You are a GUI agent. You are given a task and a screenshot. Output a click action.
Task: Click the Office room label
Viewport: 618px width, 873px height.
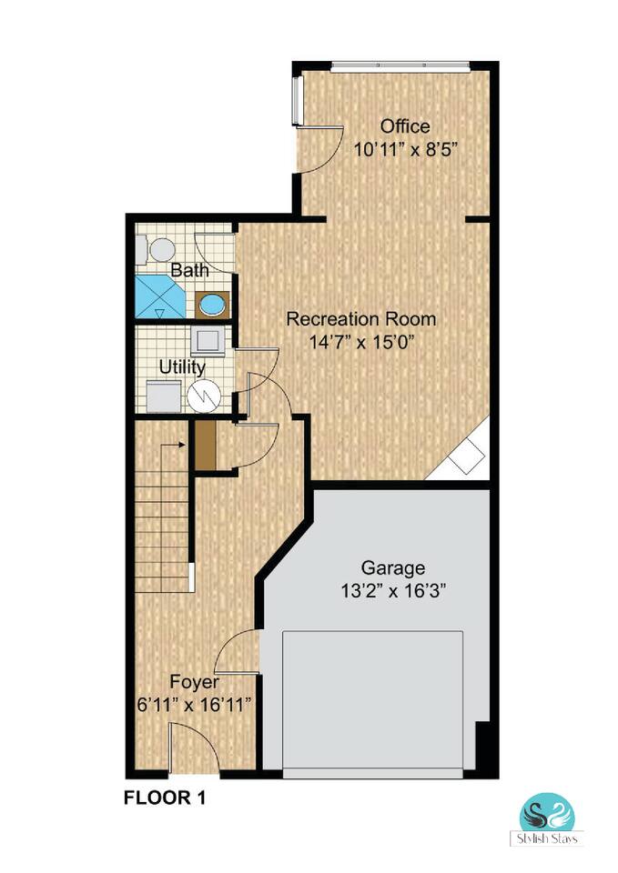point(405,126)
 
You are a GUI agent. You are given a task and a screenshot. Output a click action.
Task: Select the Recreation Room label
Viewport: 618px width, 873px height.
point(361,319)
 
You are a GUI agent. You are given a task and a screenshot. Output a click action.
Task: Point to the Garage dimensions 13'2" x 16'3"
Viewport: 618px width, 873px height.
point(394,590)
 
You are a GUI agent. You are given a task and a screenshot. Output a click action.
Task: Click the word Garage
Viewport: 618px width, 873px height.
point(393,568)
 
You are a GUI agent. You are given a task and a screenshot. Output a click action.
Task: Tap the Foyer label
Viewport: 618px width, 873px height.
point(194,683)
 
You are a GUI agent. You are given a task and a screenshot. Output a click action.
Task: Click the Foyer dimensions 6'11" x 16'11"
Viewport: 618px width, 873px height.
point(194,705)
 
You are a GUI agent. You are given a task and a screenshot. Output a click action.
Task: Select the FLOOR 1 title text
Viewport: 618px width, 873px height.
point(165,798)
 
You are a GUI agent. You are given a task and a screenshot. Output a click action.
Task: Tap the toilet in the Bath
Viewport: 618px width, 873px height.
point(156,249)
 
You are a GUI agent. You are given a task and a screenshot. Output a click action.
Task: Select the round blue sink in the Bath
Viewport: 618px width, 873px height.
point(212,306)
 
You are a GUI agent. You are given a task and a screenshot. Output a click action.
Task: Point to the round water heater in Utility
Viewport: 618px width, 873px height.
point(204,396)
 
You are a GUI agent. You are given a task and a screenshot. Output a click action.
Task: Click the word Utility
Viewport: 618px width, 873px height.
point(182,367)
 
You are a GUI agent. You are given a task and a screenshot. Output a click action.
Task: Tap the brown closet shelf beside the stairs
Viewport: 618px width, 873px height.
point(206,446)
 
